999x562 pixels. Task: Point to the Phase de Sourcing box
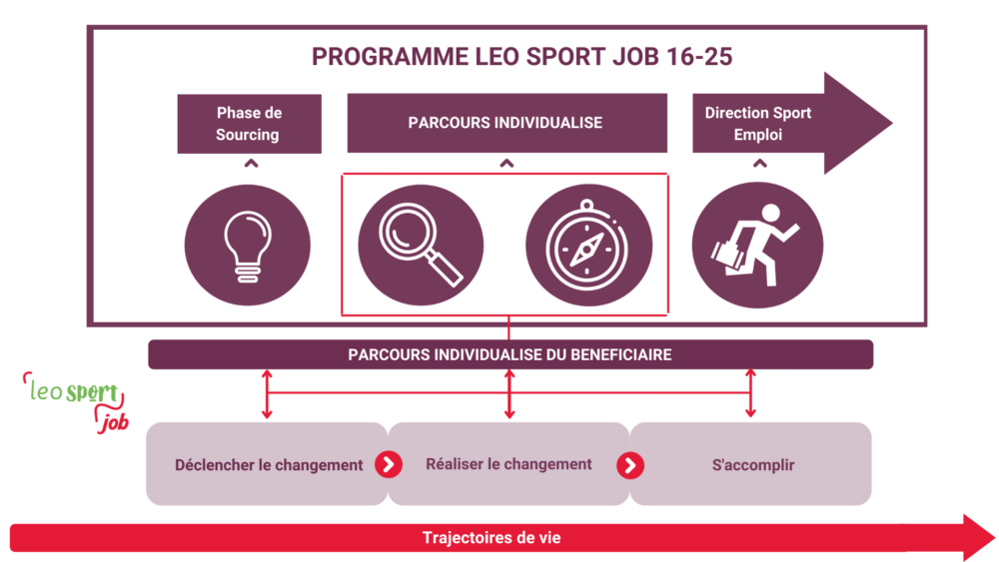click(x=249, y=124)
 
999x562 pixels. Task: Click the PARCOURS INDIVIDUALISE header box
click(x=505, y=123)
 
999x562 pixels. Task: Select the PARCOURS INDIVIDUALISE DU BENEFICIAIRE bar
click(x=509, y=354)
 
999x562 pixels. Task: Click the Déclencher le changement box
click(x=267, y=464)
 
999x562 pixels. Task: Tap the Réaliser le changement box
click(x=508, y=464)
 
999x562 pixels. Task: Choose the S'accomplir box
click(x=753, y=464)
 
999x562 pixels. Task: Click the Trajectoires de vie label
click(x=491, y=538)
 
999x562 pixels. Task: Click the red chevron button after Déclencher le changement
click(x=389, y=464)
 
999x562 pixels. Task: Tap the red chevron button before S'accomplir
click(x=630, y=465)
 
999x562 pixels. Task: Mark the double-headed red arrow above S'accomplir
click(x=751, y=393)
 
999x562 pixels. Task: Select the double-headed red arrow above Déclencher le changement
click(x=267, y=393)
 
